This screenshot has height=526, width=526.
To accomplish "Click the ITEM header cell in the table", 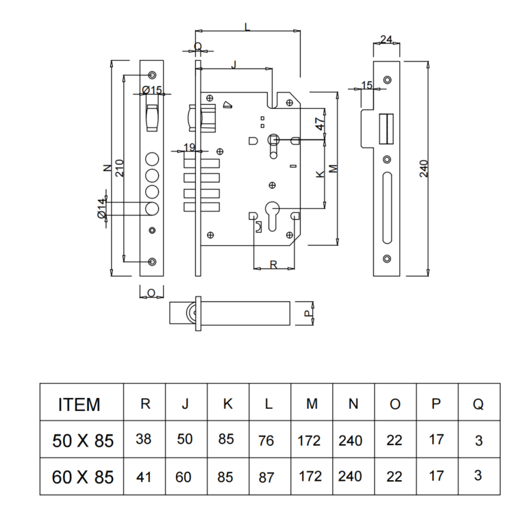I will tap(79, 404).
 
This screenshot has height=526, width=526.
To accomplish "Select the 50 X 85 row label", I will tap(83, 440).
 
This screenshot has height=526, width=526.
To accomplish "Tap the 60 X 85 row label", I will tap(83, 476).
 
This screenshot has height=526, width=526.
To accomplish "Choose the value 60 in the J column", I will tap(185, 476).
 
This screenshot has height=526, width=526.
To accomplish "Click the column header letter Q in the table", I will tap(478, 404).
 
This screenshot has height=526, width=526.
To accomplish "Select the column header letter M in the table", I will tap(312, 404).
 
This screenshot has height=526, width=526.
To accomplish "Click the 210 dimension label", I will tap(118, 168).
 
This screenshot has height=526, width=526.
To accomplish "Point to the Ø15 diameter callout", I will tap(151, 90).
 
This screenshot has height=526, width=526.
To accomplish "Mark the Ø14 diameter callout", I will tap(101, 208).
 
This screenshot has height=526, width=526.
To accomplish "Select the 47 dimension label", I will tap(319, 125).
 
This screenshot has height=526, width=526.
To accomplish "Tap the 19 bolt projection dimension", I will tap(190, 147).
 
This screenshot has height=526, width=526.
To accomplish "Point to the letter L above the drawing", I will tap(247, 27).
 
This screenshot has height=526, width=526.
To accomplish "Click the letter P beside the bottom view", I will tap(307, 312).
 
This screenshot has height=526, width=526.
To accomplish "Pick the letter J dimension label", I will tap(234, 64).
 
